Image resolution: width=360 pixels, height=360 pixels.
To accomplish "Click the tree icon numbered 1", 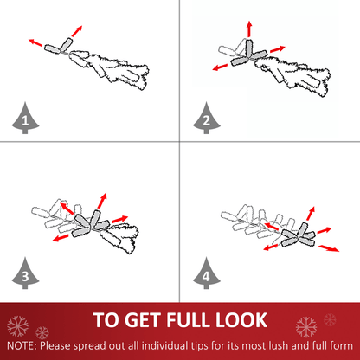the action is (x=25, y=119).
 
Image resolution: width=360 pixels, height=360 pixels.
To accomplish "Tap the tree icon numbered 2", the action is (x=207, y=119).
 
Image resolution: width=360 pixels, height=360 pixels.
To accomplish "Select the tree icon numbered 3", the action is (x=25, y=273).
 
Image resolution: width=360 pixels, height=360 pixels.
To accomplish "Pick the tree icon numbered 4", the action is (x=207, y=273).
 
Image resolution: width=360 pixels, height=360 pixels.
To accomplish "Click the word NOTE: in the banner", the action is (x=22, y=345).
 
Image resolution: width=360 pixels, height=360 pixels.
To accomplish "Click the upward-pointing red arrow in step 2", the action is (x=249, y=29).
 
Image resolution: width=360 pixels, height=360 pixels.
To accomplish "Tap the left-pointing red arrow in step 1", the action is (x=35, y=42).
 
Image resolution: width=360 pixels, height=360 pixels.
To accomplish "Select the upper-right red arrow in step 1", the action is (x=77, y=31).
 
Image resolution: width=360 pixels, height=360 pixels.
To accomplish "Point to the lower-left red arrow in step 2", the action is (x=220, y=67).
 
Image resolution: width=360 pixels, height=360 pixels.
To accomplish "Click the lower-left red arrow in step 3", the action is (x=61, y=238).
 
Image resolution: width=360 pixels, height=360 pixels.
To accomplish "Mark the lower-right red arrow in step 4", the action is (x=329, y=248).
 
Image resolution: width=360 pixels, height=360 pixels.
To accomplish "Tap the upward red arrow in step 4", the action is (x=311, y=213).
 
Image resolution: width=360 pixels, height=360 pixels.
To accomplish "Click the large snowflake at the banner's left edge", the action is (x=17, y=326).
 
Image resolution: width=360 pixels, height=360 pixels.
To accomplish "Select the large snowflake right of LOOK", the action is (x=306, y=327).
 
